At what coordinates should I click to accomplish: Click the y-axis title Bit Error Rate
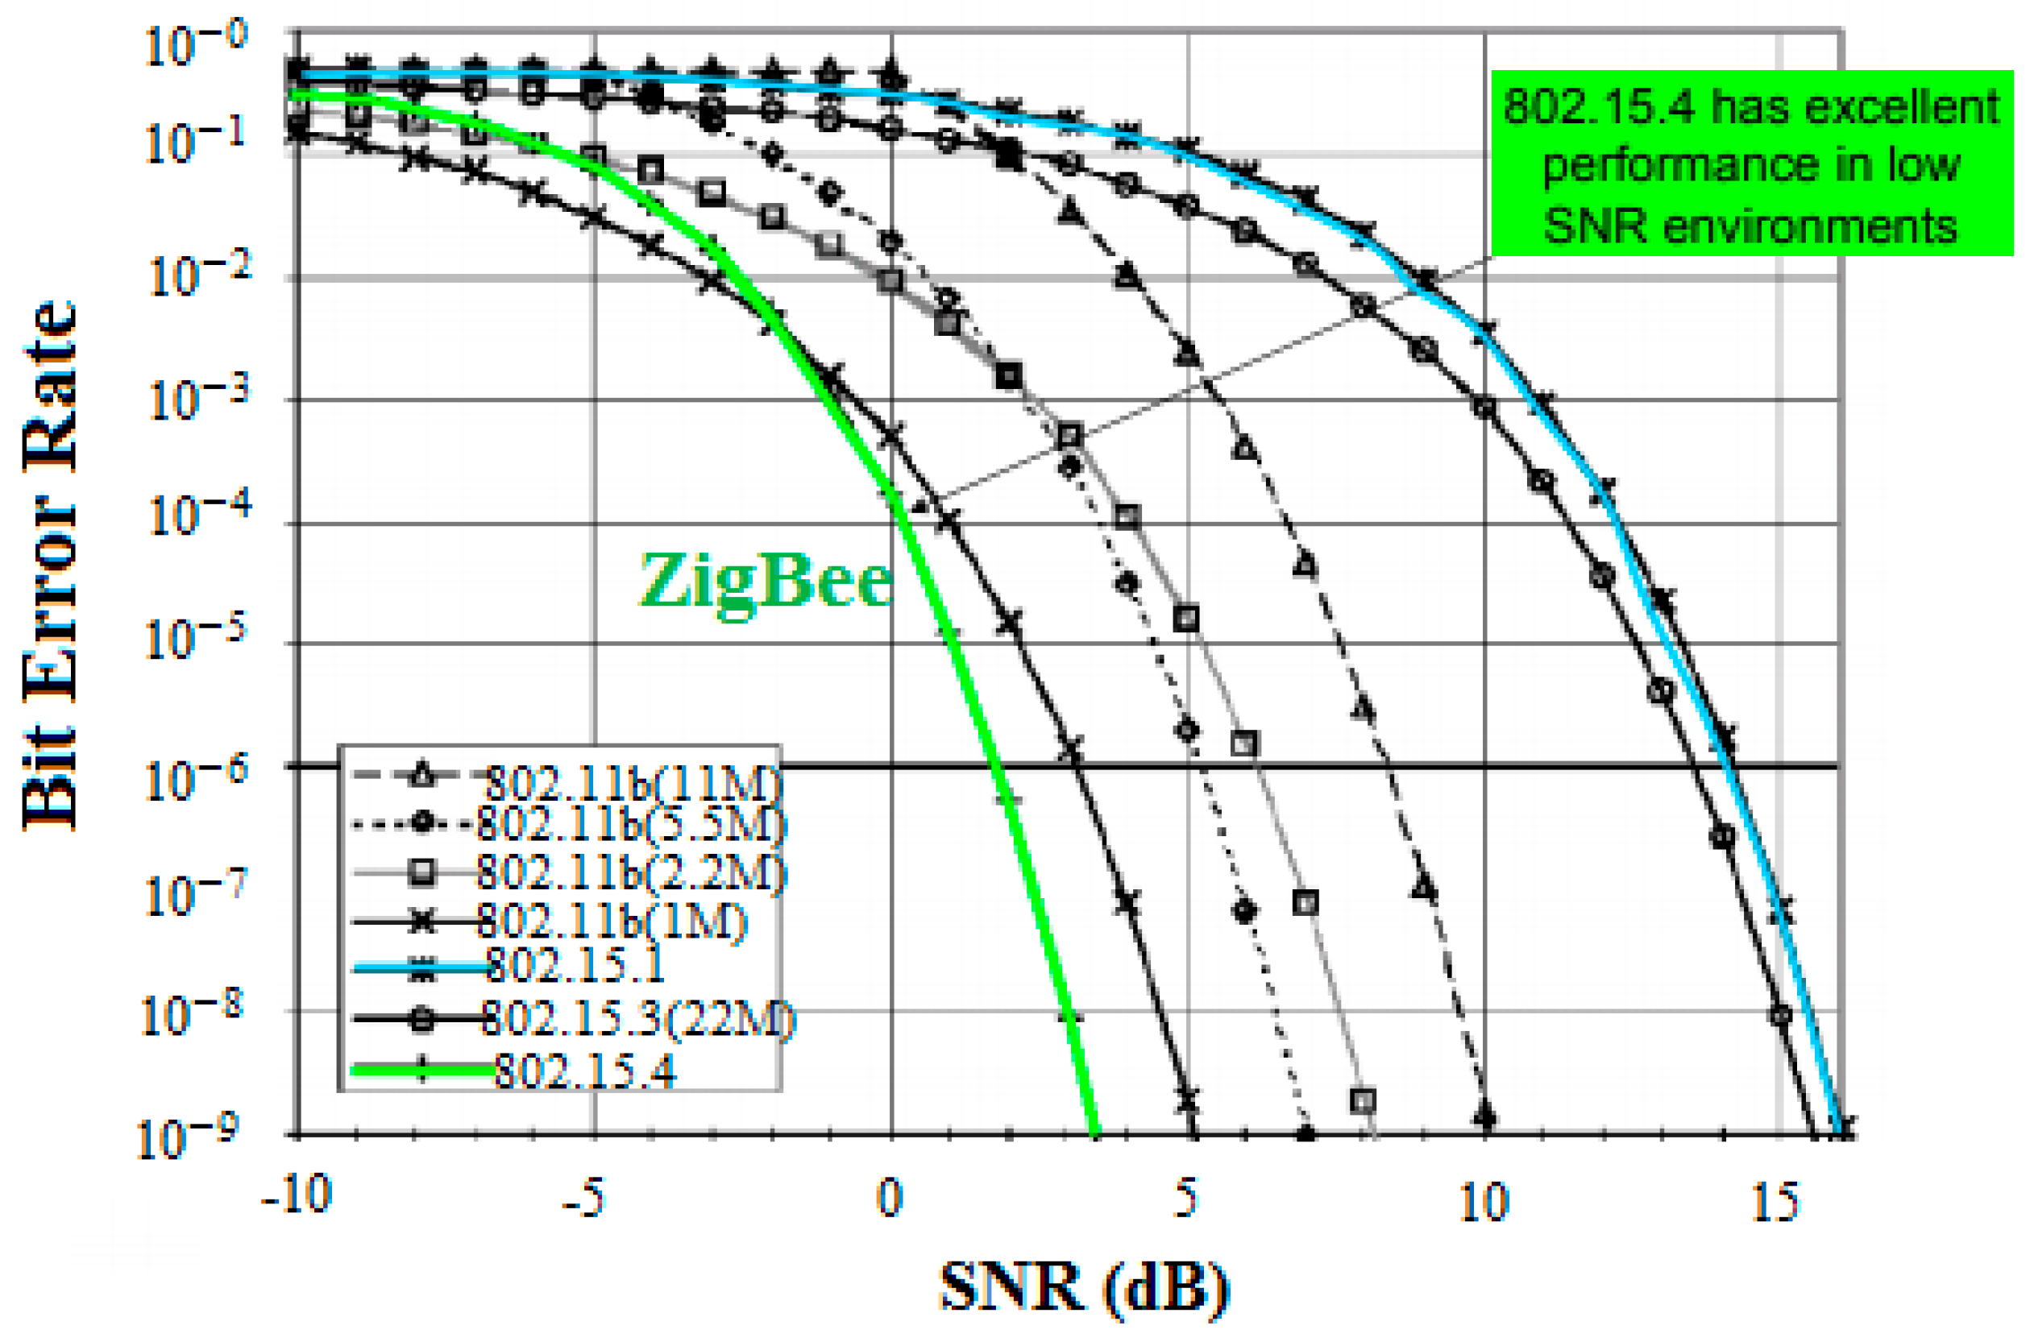(50, 565)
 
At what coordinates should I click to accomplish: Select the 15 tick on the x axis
(1775, 1201)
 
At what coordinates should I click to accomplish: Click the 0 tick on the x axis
(890, 1199)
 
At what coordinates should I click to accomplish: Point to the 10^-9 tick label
(190, 1139)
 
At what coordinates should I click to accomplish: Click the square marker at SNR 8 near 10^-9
(1363, 1100)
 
